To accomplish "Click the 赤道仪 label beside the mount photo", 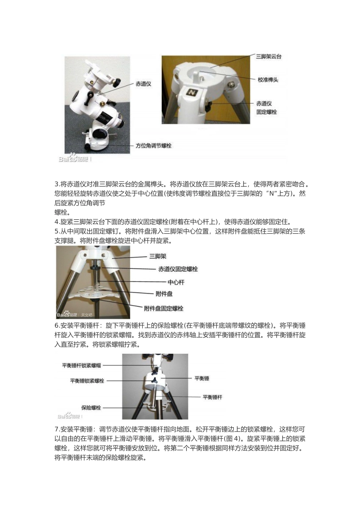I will [x=143, y=84].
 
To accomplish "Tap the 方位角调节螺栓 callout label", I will [x=154, y=145].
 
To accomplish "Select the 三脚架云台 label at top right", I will [x=269, y=56].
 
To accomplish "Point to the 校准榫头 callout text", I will [x=268, y=80].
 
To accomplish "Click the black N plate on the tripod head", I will [x=192, y=92].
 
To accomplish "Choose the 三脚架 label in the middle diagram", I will [x=158, y=256].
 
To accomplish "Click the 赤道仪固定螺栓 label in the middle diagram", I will [x=178, y=269].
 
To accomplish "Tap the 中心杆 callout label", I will [x=176, y=282].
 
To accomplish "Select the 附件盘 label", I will [x=164, y=294].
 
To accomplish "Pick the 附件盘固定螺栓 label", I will [x=164, y=308].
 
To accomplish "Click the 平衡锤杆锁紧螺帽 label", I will [x=82, y=365].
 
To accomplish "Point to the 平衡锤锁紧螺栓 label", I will [x=87, y=381].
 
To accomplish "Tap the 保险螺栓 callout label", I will [x=91, y=408].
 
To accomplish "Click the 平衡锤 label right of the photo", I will [x=202, y=378].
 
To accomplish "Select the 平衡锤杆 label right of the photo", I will [x=212, y=397].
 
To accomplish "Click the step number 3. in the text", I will [x=57, y=184].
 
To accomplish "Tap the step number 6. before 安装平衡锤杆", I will [x=57, y=326].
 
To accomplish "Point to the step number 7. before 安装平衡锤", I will [x=57, y=429].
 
